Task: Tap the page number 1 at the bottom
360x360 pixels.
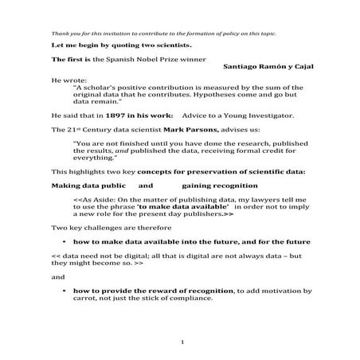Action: (182, 342)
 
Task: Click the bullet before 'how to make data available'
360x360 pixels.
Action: (63, 240)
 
